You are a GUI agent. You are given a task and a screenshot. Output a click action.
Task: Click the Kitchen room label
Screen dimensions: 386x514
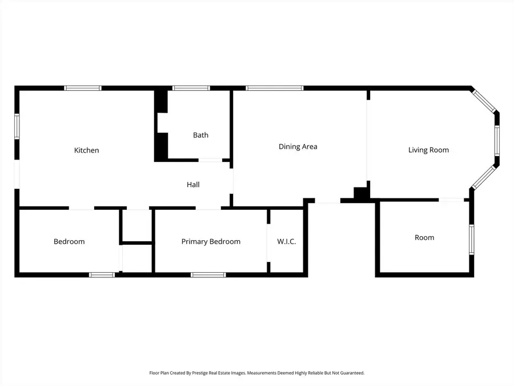click(x=86, y=150)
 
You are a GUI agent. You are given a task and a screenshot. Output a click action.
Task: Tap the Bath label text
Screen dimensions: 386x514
click(x=200, y=135)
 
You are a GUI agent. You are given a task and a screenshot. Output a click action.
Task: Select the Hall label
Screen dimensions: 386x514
click(x=193, y=185)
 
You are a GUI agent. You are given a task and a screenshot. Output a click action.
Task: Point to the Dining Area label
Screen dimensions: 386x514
click(x=298, y=146)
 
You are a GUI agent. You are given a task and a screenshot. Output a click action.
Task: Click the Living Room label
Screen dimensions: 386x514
click(x=428, y=150)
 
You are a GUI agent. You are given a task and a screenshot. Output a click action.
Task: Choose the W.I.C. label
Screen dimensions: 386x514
click(x=286, y=241)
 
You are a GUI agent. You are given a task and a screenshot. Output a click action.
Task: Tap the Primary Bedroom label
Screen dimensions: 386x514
click(x=211, y=241)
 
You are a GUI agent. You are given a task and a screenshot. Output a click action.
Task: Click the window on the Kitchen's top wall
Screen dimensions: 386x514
click(x=83, y=88)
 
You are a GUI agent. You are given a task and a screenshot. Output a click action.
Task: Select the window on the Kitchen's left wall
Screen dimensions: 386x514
click(x=17, y=126)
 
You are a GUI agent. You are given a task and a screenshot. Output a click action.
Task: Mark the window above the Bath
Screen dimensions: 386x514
click(x=191, y=88)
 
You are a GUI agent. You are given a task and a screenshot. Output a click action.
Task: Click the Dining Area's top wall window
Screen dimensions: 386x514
click(x=275, y=88)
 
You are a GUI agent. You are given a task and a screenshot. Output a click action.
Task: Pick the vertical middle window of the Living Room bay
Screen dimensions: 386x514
click(x=497, y=141)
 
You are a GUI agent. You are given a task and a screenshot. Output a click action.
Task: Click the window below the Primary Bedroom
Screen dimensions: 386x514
click(x=208, y=275)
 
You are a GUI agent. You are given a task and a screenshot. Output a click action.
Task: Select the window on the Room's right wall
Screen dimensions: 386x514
click(x=471, y=239)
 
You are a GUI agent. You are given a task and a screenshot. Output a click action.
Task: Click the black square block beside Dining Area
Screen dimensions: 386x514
click(x=361, y=193)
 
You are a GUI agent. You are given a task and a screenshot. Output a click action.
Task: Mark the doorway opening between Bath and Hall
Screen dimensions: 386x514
click(x=210, y=160)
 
